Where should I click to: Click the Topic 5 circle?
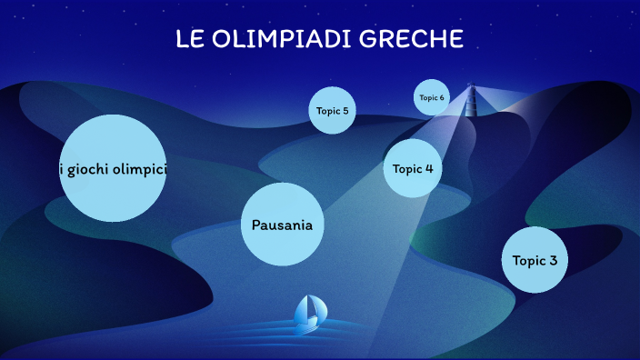332,110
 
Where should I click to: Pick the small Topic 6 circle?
432,97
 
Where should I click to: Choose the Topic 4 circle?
413,168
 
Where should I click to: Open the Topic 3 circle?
535,260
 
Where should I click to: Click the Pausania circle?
283,225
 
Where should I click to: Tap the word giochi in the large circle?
88,169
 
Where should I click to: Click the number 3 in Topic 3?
553,260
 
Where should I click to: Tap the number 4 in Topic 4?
428,168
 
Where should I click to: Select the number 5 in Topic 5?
345,111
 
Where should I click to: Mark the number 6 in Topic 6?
442,97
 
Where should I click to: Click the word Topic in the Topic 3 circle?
528,261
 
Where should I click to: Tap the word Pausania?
283,225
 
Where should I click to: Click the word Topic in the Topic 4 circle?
407,168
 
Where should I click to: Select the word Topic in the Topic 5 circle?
327,111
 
